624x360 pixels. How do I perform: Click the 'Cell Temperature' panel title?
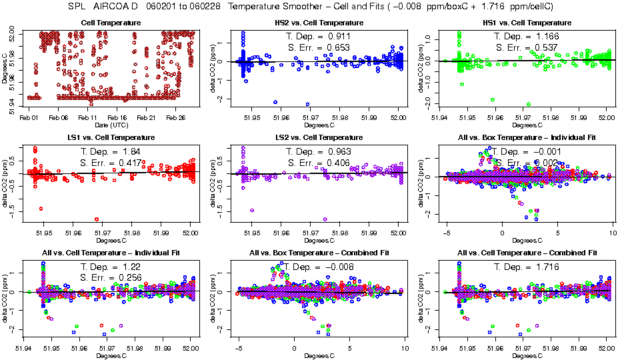pos(111,23)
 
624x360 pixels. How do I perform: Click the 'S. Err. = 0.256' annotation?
pos(111,277)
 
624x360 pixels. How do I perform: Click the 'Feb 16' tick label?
pos(117,118)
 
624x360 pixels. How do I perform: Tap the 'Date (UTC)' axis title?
pos(111,125)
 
